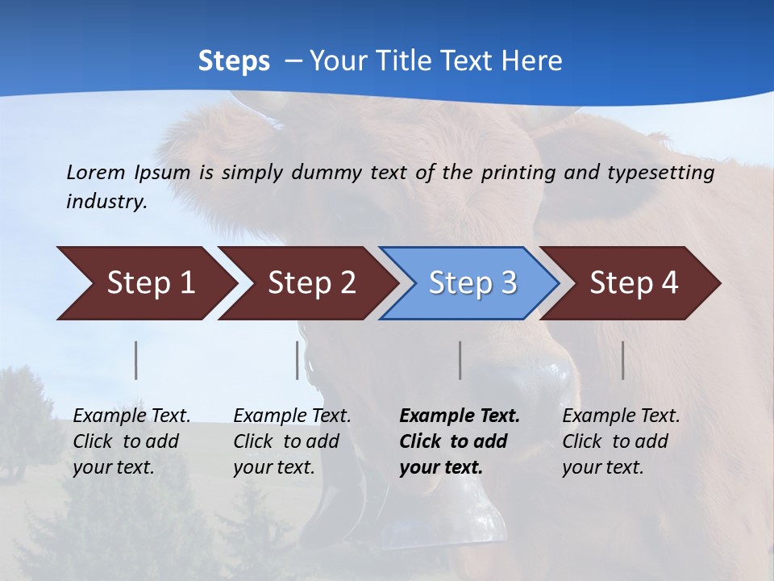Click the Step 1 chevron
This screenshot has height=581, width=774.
(x=145, y=283)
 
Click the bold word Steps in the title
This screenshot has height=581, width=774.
(x=234, y=61)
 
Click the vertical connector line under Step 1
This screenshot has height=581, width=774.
(x=136, y=360)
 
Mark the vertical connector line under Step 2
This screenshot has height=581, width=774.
(x=298, y=360)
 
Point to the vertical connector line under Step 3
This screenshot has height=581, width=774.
(x=460, y=360)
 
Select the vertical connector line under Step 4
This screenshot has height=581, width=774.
(x=623, y=360)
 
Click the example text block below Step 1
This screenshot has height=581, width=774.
(x=131, y=441)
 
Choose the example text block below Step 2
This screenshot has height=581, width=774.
(x=292, y=441)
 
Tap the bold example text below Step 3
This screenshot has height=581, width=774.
(x=460, y=441)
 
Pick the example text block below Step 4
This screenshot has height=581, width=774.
(x=621, y=441)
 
